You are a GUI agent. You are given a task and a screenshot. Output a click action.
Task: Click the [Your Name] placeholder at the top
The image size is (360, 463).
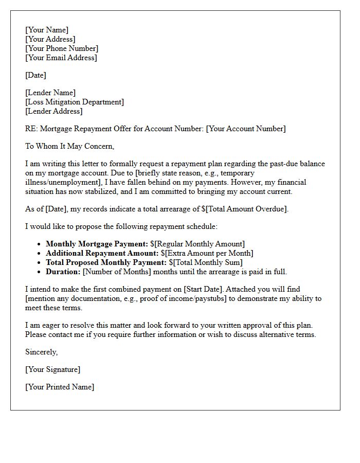(x=47, y=30)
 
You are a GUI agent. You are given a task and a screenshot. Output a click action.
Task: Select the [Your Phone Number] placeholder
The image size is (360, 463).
(x=62, y=48)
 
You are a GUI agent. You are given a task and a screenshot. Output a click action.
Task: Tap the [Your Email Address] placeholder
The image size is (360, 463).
(x=61, y=58)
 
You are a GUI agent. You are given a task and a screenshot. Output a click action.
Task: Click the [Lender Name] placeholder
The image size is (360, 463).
(x=50, y=93)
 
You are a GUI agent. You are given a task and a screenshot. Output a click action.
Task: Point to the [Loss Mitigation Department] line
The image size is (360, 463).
(x=75, y=102)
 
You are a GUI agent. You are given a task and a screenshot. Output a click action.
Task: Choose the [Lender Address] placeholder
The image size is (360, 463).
(x=53, y=111)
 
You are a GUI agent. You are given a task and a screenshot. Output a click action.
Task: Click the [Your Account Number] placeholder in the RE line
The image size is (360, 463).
(x=246, y=129)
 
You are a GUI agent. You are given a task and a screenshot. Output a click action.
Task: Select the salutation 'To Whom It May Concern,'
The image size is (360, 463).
(x=69, y=146)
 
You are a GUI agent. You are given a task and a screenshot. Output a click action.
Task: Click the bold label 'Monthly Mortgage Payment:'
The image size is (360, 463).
(x=97, y=244)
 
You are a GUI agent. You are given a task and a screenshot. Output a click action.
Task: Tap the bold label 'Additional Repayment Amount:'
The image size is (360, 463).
(x=102, y=253)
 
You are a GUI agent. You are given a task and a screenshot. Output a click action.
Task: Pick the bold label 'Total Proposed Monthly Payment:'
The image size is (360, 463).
(x=106, y=262)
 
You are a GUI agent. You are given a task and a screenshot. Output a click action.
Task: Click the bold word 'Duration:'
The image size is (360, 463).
(x=63, y=272)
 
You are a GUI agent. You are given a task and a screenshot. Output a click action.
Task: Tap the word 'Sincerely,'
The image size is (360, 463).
(x=42, y=352)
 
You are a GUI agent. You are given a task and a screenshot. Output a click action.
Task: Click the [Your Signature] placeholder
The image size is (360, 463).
(x=53, y=369)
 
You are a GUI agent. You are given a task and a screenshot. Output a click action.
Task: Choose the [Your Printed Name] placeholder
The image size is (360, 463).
(x=60, y=387)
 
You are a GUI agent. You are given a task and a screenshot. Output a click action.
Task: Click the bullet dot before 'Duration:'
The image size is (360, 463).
(x=40, y=272)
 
